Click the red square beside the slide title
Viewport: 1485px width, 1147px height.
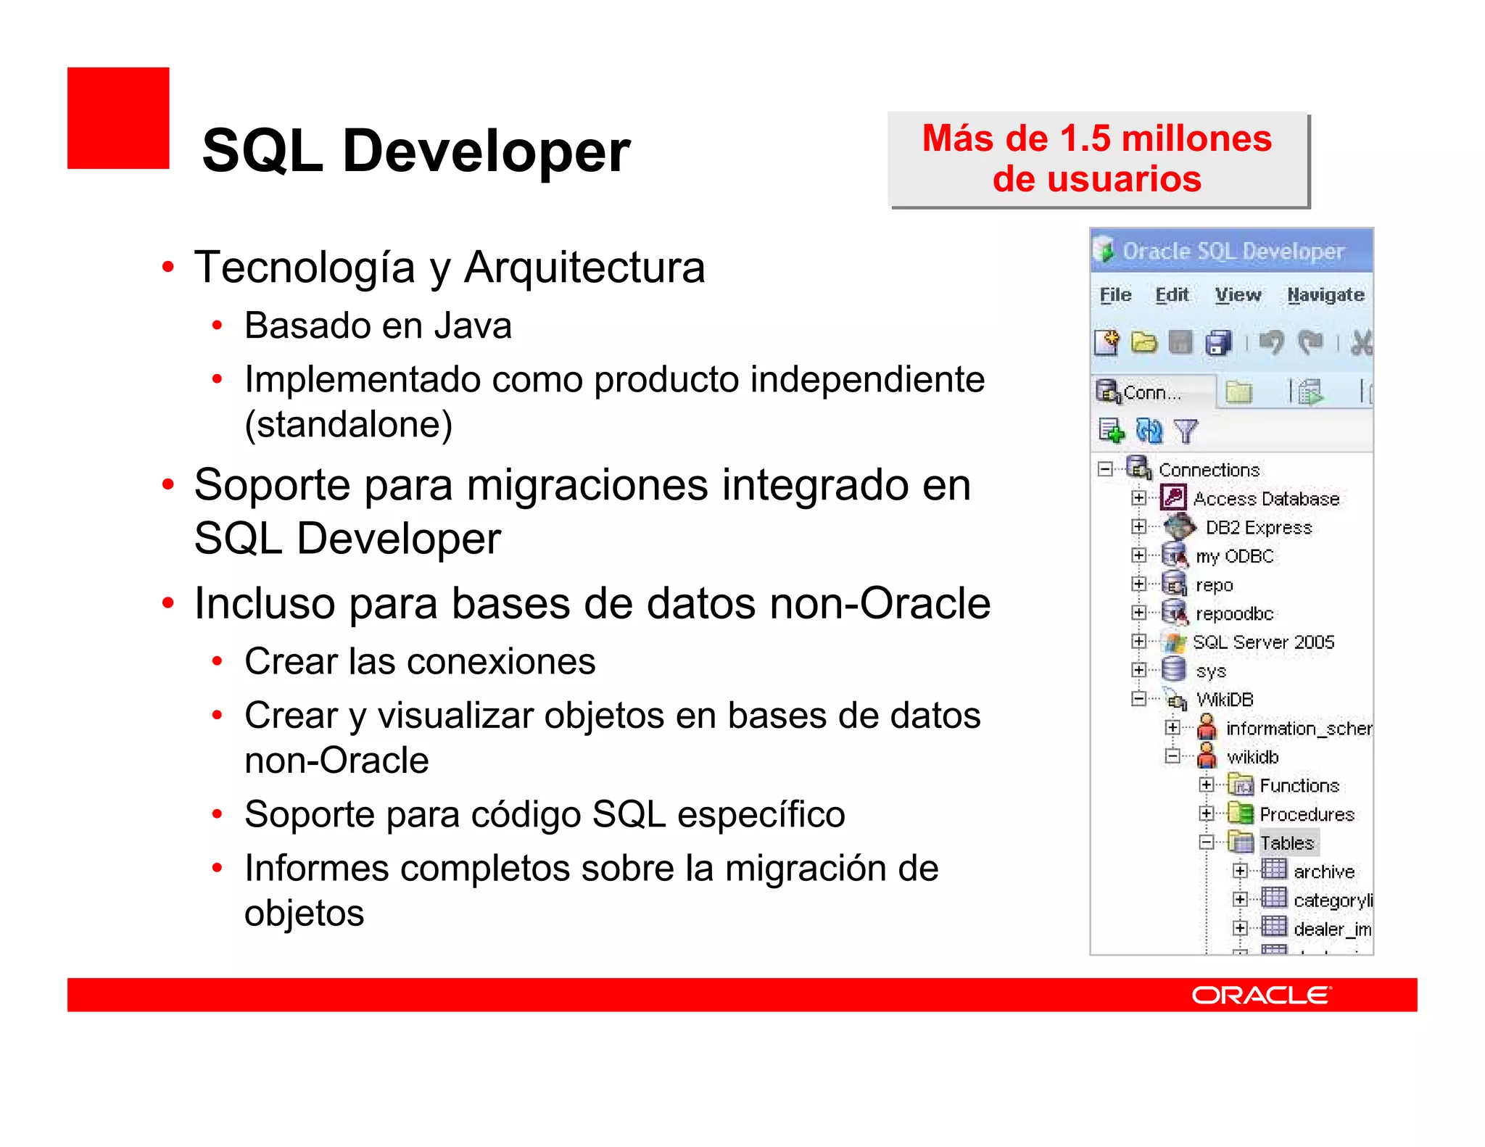coord(118,118)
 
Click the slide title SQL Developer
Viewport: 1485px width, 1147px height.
coord(416,151)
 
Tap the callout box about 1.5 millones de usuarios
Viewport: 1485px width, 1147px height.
coord(1098,159)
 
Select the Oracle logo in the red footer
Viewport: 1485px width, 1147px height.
coord(1261,995)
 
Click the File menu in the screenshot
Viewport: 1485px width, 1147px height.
coord(1115,295)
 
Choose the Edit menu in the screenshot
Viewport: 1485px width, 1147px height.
coord(1172,295)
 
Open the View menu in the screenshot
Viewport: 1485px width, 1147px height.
coord(1238,295)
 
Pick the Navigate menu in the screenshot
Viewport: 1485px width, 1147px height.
coord(1325,295)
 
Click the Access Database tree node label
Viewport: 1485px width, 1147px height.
coord(1266,499)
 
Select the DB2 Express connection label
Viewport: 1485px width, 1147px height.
coord(1259,528)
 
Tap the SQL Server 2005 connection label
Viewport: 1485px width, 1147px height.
coord(1263,642)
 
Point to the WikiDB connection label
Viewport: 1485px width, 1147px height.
coord(1225,700)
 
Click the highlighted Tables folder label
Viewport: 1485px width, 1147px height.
coord(1287,842)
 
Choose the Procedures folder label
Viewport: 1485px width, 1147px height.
coord(1307,814)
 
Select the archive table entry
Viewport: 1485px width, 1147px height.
coord(1324,871)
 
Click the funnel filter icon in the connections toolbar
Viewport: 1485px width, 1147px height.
coord(1186,431)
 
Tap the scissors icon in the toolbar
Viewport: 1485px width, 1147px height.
coord(1361,343)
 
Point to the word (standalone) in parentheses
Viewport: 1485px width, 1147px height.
coord(349,424)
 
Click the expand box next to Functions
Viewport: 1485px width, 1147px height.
coord(1206,785)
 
